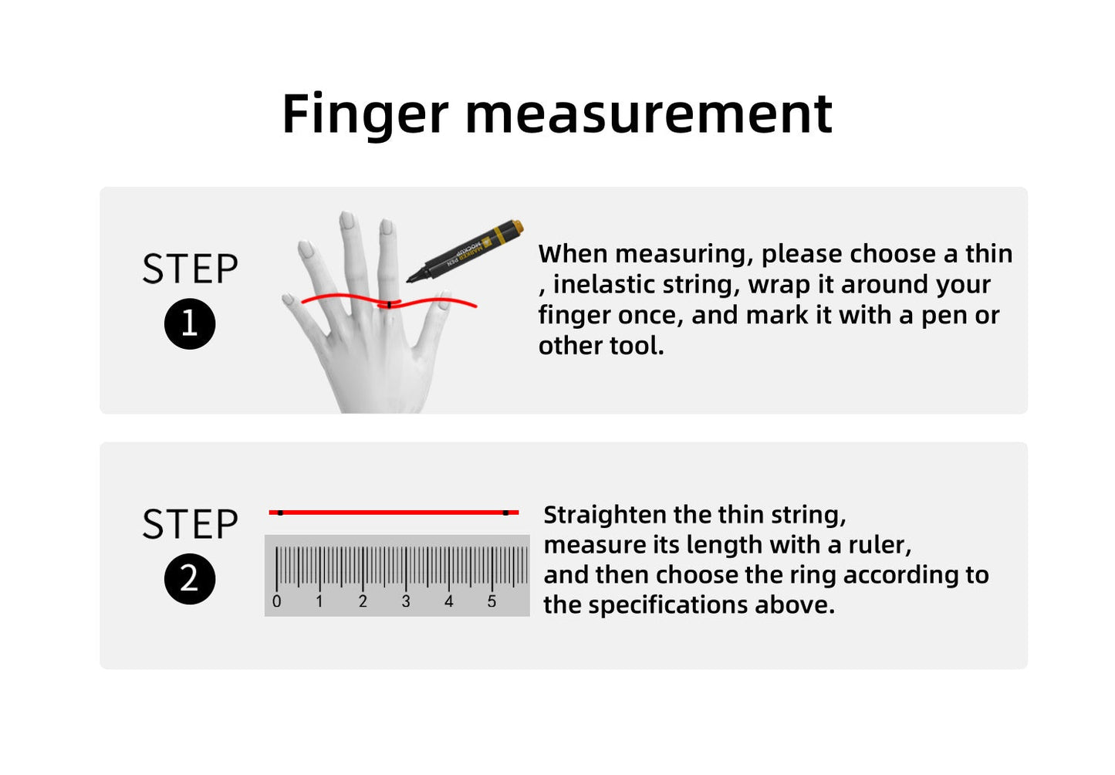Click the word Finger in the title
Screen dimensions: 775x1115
point(364,114)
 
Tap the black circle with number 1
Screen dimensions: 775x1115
point(190,323)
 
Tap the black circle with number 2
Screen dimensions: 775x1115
point(190,579)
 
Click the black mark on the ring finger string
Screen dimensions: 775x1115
point(390,305)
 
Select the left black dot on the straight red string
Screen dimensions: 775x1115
point(280,512)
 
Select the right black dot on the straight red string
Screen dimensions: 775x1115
point(505,512)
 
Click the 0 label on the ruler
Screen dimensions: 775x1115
point(277,602)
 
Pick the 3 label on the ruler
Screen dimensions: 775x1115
point(406,602)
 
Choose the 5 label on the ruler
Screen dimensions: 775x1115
point(492,602)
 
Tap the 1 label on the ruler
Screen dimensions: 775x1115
point(319,602)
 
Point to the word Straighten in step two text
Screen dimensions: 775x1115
point(605,515)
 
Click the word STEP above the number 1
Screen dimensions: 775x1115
point(190,269)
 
